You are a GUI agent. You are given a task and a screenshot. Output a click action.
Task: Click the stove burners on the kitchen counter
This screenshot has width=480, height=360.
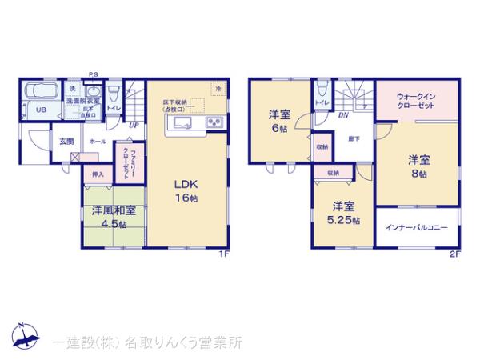pos(214,122)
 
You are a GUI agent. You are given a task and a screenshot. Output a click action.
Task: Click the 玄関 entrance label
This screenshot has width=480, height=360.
pos(66,142)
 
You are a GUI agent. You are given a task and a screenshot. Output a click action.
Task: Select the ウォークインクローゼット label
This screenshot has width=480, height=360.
pos(416,101)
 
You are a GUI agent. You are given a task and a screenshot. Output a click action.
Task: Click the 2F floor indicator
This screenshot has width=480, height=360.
pos(454,254)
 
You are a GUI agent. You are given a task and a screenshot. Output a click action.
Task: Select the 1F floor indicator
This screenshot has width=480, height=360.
pos(226,254)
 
